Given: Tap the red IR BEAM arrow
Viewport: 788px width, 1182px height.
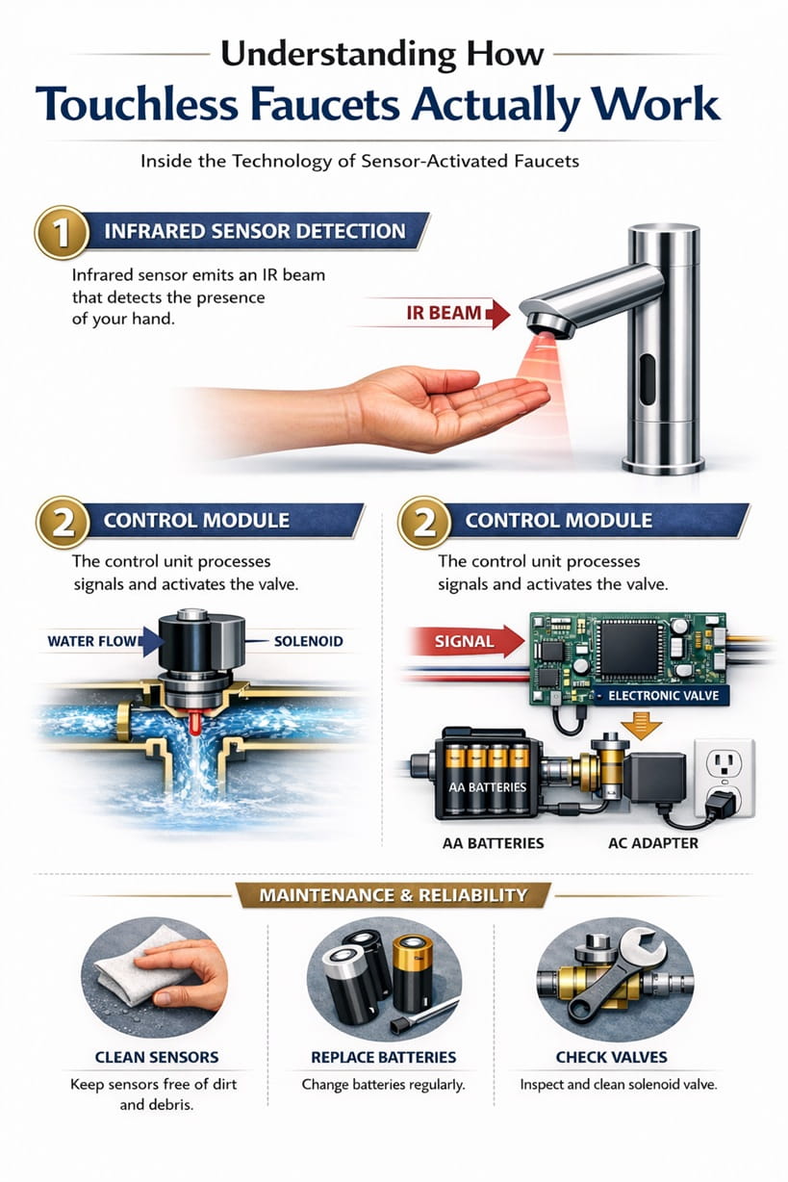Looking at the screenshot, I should point(452,314).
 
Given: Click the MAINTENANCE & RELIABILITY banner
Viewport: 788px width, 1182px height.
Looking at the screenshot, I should point(394,895).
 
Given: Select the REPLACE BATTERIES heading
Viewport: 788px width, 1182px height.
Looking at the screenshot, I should point(382,1057).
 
